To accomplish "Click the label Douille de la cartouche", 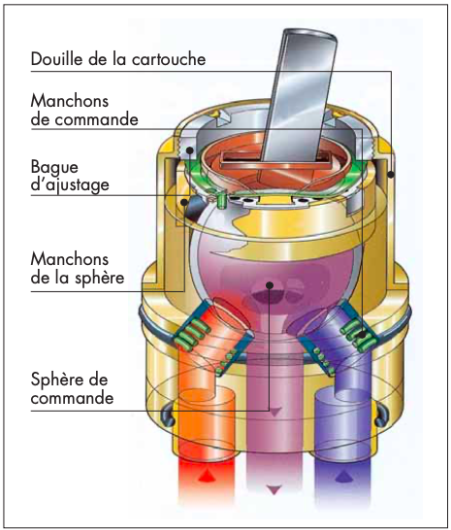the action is (x=118, y=59).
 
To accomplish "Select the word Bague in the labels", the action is (x=54, y=167).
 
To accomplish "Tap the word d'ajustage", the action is (x=70, y=184).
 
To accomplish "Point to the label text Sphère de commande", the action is (x=72, y=388).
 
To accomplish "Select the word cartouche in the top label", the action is (x=169, y=59).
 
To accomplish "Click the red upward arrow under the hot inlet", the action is (x=205, y=476).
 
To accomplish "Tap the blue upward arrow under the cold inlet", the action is (x=343, y=476).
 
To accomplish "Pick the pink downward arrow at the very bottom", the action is (x=274, y=490).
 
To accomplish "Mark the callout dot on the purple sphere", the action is (x=270, y=285).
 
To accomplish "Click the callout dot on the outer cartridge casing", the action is (x=391, y=175).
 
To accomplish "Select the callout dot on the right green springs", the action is (x=362, y=335).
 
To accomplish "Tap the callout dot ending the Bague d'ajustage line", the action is (x=190, y=149).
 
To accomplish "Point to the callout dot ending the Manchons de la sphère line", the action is (x=184, y=202).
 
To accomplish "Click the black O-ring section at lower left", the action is (x=168, y=415).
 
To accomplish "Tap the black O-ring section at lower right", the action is (x=381, y=415).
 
